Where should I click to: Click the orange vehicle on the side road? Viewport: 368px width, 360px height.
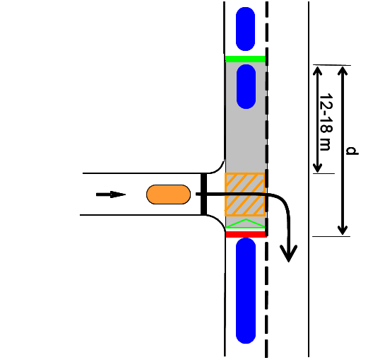168,194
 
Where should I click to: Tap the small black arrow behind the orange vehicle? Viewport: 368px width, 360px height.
111,194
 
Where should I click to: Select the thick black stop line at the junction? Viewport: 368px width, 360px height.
203,194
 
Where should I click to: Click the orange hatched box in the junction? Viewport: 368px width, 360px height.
245,194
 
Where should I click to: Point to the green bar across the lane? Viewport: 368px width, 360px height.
245,59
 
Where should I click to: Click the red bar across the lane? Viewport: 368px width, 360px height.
246,234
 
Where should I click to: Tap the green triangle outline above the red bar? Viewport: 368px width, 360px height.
245,224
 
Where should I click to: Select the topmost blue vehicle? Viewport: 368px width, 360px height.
245,29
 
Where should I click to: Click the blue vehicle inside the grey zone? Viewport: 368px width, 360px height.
246,86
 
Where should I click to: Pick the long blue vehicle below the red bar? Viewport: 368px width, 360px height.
246,291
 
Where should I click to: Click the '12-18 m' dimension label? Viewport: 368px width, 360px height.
326,122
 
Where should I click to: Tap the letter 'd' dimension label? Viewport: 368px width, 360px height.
352,151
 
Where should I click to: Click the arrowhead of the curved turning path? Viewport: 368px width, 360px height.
289,253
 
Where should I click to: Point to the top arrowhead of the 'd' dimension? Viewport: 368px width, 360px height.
343,70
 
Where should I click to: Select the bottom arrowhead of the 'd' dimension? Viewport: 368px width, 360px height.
343,231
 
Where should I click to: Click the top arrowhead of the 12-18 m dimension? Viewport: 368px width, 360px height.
317,71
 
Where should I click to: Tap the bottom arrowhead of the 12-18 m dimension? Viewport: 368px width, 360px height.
317,168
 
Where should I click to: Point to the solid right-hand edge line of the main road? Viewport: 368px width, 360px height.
309,179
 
